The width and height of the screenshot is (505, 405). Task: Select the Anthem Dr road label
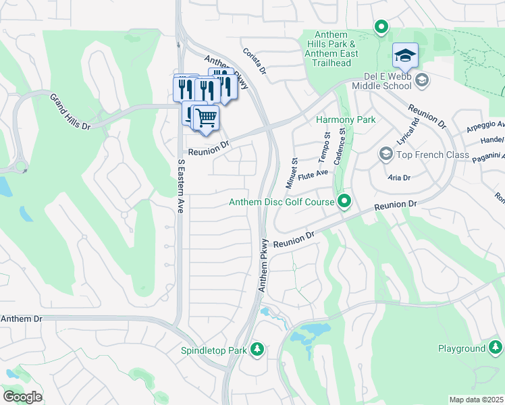21,319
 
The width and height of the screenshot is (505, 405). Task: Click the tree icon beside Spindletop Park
256,350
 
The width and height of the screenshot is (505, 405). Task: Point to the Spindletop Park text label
213,350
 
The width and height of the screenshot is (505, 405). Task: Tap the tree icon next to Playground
496,348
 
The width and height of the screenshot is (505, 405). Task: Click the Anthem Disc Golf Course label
282,202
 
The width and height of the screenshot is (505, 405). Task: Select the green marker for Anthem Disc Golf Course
344,201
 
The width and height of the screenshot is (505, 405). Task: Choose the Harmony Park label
346,120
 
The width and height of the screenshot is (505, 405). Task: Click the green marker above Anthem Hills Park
381,28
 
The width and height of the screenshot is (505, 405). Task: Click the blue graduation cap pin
405,56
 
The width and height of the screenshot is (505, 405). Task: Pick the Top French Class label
433,155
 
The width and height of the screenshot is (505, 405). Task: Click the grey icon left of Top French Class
386,155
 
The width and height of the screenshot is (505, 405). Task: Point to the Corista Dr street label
254,61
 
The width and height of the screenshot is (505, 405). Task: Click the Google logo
22,397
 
